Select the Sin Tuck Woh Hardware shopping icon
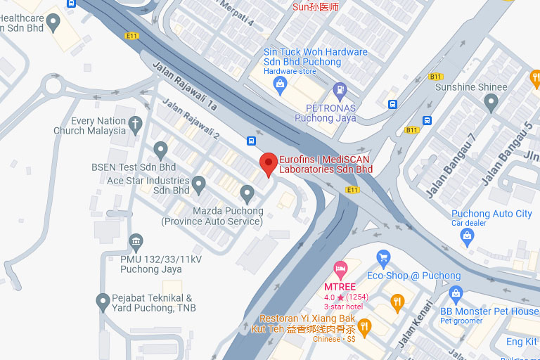click(x=281, y=86)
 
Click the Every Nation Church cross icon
click(x=136, y=124)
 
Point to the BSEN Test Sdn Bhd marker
click(x=160, y=150)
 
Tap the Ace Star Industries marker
click(x=199, y=185)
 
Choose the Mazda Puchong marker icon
click(x=247, y=193)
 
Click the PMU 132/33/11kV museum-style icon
click(x=136, y=243)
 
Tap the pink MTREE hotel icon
click(x=341, y=269)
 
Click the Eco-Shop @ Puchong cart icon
click(x=383, y=259)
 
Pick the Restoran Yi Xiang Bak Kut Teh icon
click(x=364, y=326)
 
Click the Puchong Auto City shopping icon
click(x=467, y=237)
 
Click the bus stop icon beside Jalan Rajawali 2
click(x=251, y=141)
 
